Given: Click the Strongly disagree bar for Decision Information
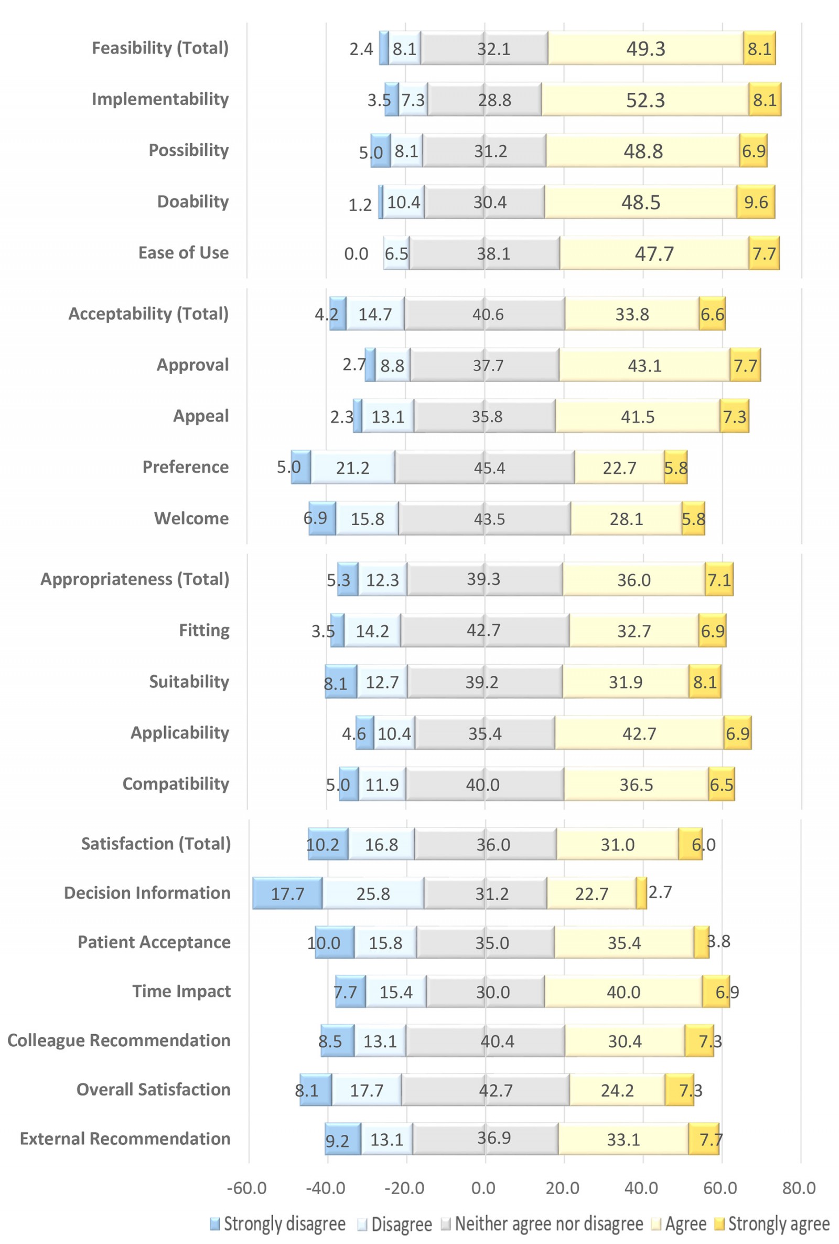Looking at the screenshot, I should click(x=287, y=893).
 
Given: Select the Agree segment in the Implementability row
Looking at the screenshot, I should click(x=645, y=100).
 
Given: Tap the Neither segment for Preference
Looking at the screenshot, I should click(x=485, y=467).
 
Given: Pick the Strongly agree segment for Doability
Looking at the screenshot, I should click(x=756, y=203).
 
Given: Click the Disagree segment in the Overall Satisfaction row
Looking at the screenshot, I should click(x=367, y=1090).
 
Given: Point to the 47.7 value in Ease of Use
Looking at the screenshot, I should click(x=654, y=253).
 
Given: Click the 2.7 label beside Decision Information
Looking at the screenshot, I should click(x=660, y=892).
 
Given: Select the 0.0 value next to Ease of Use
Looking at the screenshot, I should click(x=356, y=254).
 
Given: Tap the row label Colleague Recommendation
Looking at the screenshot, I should click(x=119, y=1040).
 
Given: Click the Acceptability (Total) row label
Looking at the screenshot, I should click(x=148, y=314).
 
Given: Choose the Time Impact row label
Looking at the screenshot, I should click(x=181, y=991).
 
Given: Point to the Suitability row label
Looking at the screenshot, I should click(x=189, y=682).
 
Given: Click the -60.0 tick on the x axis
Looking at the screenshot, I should click(x=246, y=1188).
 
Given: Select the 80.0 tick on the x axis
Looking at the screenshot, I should click(x=798, y=1188).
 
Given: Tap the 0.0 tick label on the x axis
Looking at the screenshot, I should click(x=483, y=1188).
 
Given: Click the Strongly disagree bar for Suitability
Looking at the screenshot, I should click(x=341, y=682).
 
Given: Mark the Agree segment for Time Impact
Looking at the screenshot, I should click(x=623, y=992).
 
